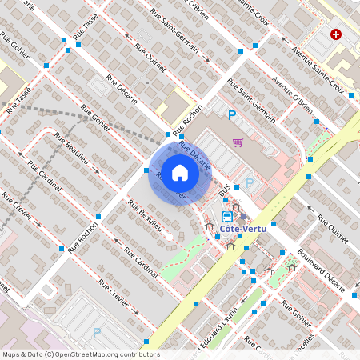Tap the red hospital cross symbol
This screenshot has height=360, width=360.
click(336, 35)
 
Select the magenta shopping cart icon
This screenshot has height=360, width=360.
click(238, 142)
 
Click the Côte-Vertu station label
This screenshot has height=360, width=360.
click(243, 229)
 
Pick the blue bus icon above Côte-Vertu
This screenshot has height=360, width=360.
click(227, 215)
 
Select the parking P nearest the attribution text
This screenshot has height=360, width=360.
click(98, 332)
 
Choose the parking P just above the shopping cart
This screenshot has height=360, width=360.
click(232, 116)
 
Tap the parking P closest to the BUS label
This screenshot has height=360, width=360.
click(250, 183)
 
